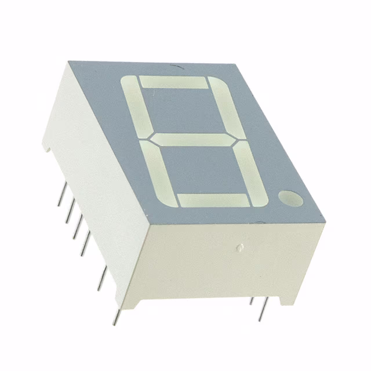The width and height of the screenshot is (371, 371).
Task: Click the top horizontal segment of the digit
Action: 174,82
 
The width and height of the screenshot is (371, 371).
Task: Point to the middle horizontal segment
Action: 194,140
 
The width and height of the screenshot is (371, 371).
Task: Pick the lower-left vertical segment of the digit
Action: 159,170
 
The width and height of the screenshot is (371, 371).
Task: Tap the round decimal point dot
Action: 290,199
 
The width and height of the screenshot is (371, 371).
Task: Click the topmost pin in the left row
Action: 61,198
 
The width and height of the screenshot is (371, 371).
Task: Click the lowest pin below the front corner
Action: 117,316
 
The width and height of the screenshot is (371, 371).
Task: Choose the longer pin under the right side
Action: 263,310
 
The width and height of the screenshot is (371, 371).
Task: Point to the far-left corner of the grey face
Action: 68,61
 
